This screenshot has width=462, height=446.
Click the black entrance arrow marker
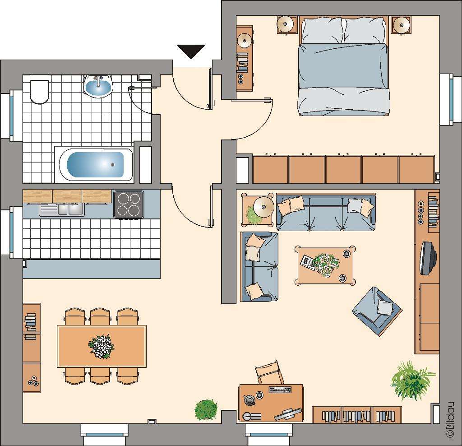coord(191,51)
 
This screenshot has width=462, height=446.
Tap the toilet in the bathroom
coord(39,91)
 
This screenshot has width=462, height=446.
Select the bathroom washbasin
coord(98,86)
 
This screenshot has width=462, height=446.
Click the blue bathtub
coord(95,164)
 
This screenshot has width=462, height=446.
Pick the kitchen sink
coord(61,209)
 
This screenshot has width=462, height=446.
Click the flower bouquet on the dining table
coord(102,346)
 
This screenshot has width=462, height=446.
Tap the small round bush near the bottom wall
coord(206,409)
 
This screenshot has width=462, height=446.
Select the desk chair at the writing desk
coord(269,373)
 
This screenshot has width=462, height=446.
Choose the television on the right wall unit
coord(427,258)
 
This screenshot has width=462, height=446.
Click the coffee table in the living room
coord(325,265)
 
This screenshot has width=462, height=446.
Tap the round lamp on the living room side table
coord(263,207)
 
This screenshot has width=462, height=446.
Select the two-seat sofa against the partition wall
coord(259,266)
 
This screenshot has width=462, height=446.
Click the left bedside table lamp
coord(286,24)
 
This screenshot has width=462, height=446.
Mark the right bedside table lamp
coord(401,24)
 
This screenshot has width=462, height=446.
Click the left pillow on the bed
coord(322,30)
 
